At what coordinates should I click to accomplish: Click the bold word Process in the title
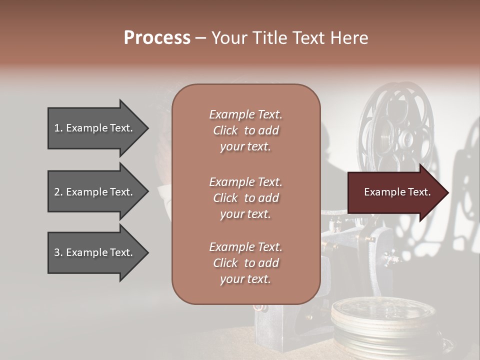click(157, 38)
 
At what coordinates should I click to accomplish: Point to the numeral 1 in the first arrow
click(57, 128)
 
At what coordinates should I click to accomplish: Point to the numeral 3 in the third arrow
click(57, 252)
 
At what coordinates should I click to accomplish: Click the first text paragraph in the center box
click(245, 130)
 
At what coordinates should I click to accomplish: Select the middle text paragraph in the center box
click(245, 198)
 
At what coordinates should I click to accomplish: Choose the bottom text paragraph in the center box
click(245, 263)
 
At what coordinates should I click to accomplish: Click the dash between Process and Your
click(200, 38)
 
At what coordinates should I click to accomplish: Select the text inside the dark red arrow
click(397, 192)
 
